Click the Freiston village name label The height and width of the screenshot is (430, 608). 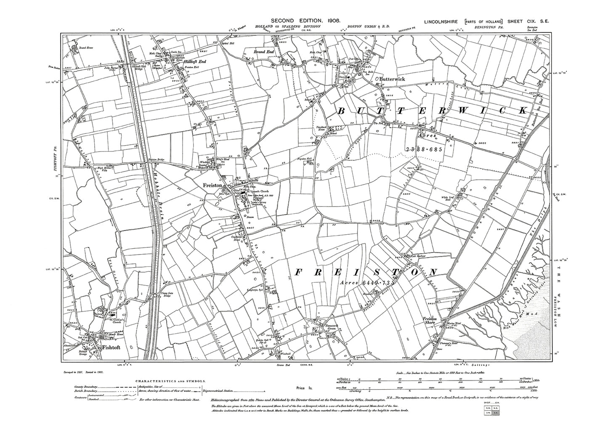pyautogui.click(x=210, y=184)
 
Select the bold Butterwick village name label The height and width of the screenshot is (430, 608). pyautogui.click(x=389, y=78)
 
